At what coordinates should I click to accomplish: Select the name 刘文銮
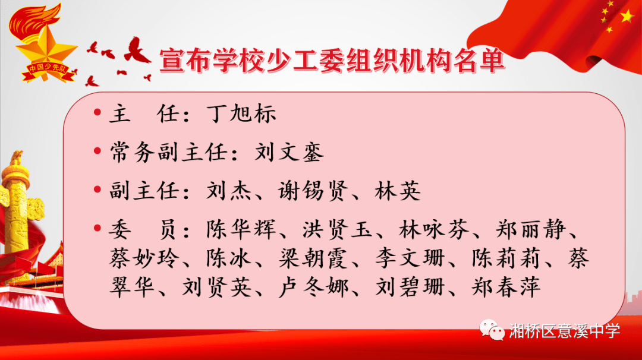click(289, 153)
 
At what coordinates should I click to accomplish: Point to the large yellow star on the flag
click(627, 17)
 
